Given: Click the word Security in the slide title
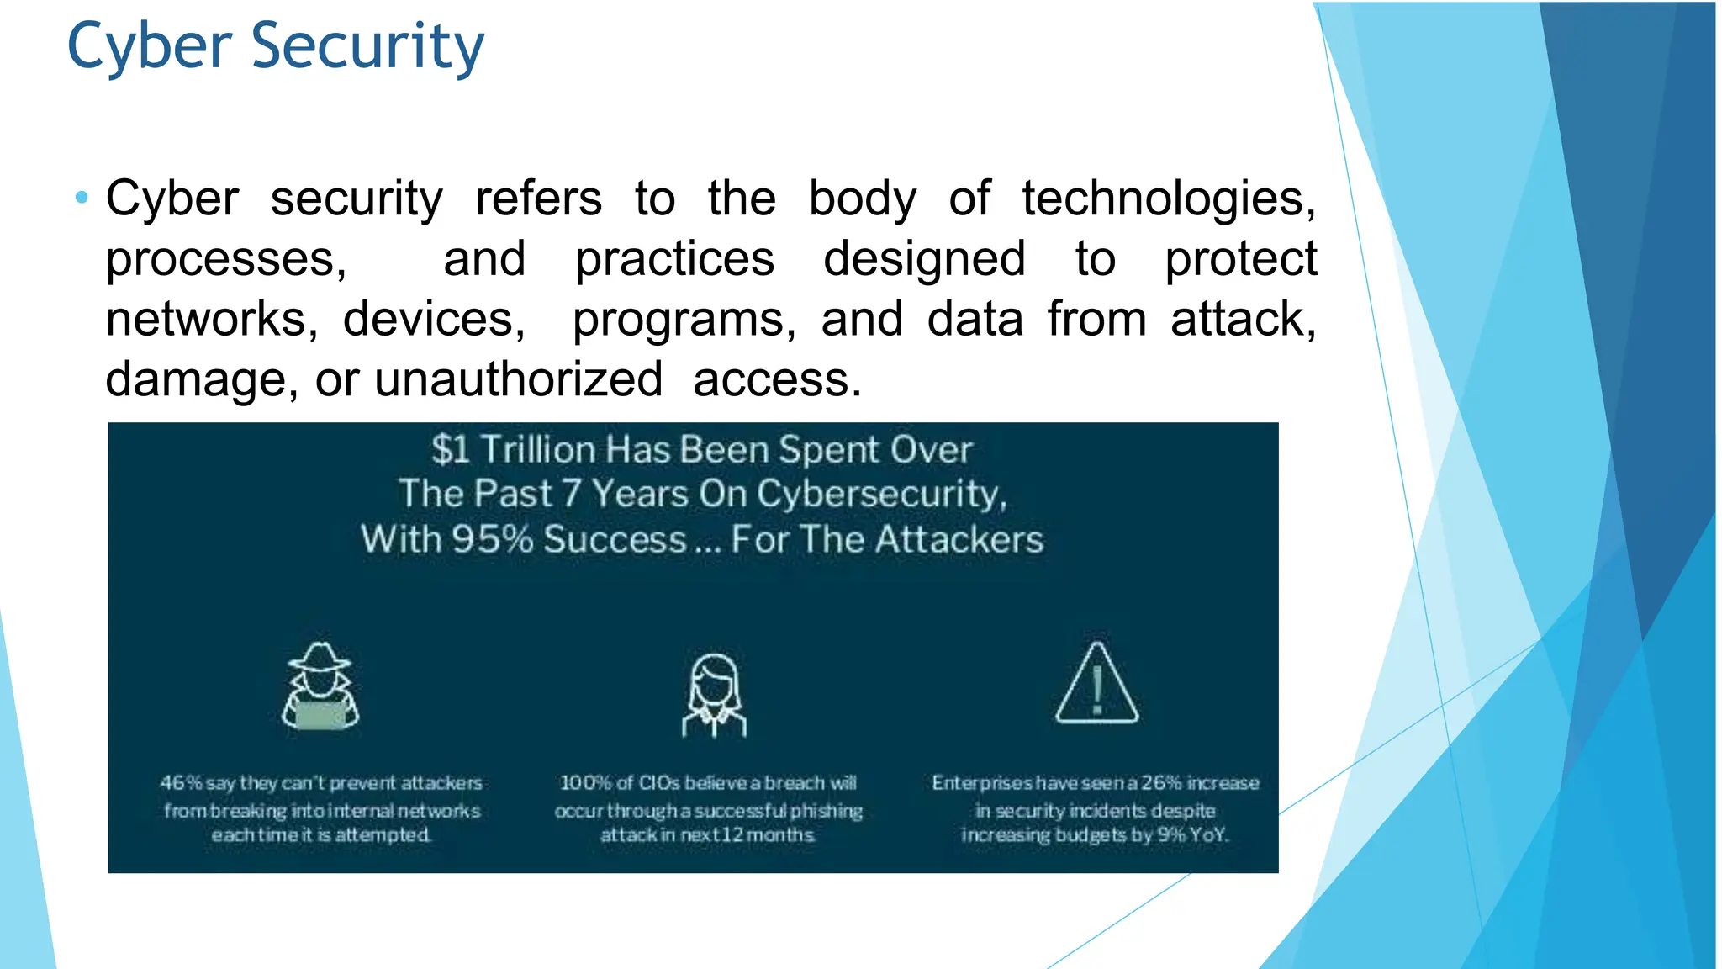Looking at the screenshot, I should coord(367,46).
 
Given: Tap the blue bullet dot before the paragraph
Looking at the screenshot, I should coord(82,199).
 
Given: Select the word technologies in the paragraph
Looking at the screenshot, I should coord(1169,199).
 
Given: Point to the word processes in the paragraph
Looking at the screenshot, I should coord(225,259).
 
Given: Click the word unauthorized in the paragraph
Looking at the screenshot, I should coord(518,379).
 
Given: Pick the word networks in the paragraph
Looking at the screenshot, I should coord(211,320).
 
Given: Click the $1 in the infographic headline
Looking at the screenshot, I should coord(451,450).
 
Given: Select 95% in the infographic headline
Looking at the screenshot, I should coord(492,539).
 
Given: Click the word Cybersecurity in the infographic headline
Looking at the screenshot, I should coord(881,494).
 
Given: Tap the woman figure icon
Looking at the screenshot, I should coord(714,695).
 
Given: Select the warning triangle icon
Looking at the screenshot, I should coord(1096,685).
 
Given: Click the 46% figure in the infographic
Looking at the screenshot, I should coord(181,783).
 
